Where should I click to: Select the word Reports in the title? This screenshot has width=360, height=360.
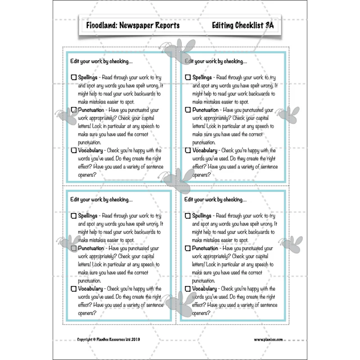pos(167,25)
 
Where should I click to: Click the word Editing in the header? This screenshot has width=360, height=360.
pos(221,25)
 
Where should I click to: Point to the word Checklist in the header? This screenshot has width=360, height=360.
pos(248,25)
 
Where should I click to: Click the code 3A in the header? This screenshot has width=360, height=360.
pos(270,25)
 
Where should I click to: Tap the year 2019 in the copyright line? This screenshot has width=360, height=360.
pos(136,339)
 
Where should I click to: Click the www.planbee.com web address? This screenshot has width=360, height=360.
pos(268,340)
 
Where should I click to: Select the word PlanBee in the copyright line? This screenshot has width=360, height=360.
pos(104,339)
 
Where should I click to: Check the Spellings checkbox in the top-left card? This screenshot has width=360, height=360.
pos(74,77)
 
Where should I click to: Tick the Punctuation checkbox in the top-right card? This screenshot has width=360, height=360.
pos(188,110)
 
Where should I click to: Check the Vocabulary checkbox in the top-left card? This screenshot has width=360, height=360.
pos(74,150)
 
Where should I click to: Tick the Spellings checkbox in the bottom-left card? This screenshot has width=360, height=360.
pos(74,216)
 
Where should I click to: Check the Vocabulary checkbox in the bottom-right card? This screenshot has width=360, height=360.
pos(188,288)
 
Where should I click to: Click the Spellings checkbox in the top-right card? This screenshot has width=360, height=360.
pos(188,77)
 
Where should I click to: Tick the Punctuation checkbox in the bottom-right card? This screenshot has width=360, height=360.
pos(188,248)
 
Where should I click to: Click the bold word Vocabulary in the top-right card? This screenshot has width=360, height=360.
pos(205,151)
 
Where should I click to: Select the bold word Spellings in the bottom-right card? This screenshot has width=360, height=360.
pos(202,216)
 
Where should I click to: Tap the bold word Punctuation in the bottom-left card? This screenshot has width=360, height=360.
pos(91,248)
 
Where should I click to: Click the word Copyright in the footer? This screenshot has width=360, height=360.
pos(85,340)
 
